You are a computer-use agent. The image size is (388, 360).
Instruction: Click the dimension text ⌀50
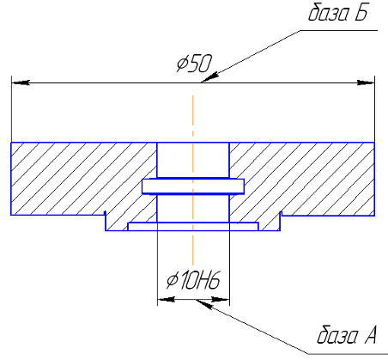click(x=194, y=63)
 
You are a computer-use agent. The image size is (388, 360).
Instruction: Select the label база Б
click(x=337, y=12)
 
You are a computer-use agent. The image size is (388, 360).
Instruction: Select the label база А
click(x=347, y=334)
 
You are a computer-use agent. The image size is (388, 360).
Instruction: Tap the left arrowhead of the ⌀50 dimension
click(x=20, y=82)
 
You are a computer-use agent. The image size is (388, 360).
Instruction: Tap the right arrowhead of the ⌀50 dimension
click(x=366, y=82)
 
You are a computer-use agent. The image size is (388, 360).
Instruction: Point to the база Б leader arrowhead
click(x=210, y=77)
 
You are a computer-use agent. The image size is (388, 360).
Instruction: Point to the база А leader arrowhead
click(x=204, y=304)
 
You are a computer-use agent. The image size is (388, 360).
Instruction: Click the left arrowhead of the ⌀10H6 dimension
click(x=167, y=300)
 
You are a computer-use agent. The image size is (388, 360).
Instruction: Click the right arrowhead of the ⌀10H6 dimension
click(x=221, y=300)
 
